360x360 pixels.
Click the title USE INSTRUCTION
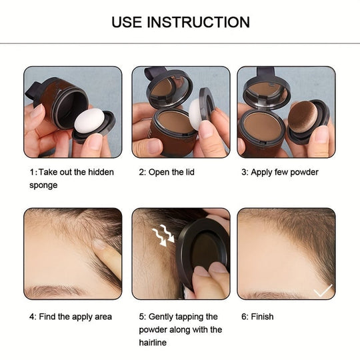tap(180, 22)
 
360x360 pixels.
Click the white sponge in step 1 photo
tap(89, 121)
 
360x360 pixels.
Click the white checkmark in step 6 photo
tap(322, 290)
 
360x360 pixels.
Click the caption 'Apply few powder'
tap(279, 172)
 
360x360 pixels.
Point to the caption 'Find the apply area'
tap(71, 317)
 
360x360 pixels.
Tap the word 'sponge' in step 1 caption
tap(44, 185)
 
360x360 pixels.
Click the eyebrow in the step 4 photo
tap(53, 291)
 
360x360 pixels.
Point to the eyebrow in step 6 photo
tap(267, 294)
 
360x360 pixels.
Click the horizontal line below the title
tap(180, 44)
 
